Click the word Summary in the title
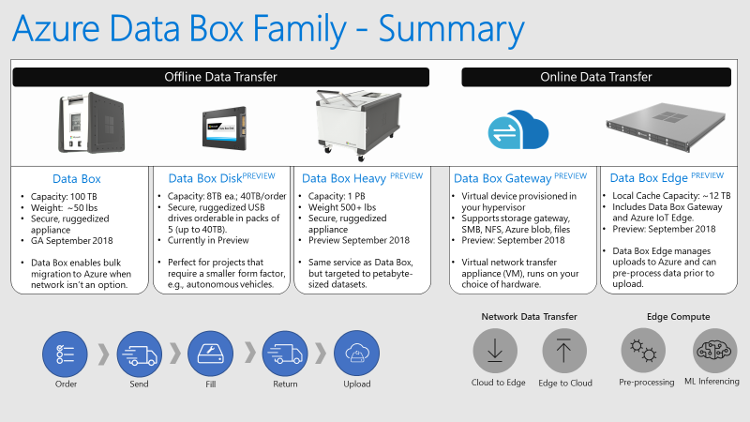[451, 30]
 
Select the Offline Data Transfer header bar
[220, 77]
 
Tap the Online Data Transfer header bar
[596, 77]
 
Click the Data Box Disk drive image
[224, 128]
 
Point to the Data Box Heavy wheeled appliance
[358, 125]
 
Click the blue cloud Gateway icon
[518, 130]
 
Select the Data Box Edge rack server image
[666, 127]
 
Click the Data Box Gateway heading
[502, 178]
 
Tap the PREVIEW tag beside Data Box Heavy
[407, 175]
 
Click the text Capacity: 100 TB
[64, 196]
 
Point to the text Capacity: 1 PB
[337, 196]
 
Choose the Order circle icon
[65, 354]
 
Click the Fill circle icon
[210, 354]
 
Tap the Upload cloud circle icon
[357, 354]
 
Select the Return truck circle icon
[285, 354]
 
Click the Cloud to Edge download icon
[495, 351]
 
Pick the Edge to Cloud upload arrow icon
[564, 351]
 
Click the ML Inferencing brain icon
[714, 351]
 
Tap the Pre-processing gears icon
[643, 351]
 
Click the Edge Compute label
[678, 317]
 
